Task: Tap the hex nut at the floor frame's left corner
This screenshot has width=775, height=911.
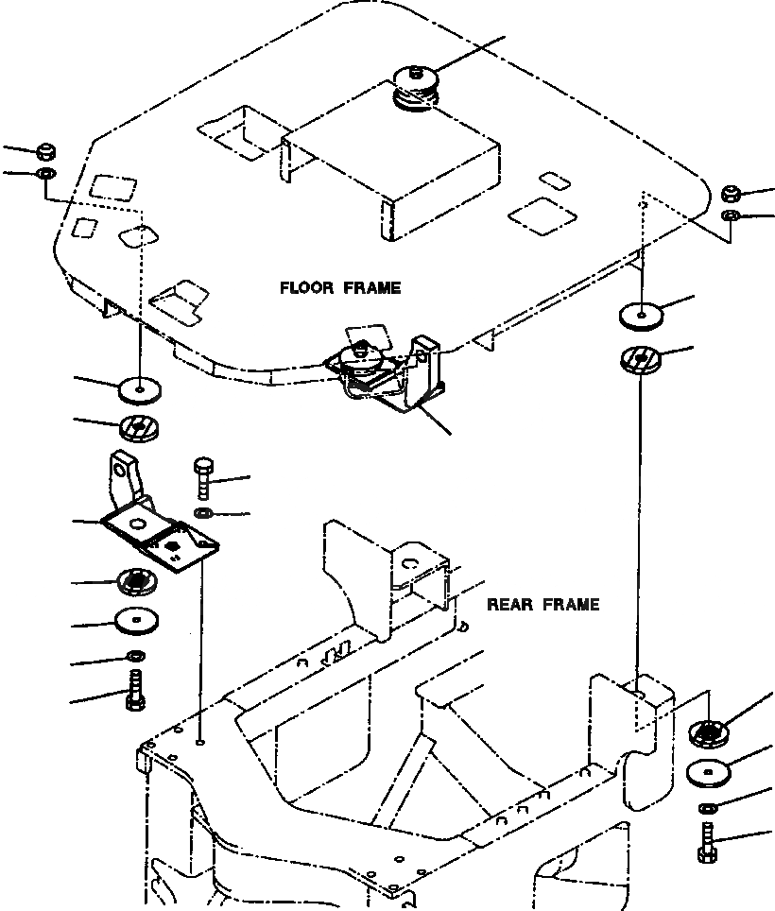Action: [45, 151]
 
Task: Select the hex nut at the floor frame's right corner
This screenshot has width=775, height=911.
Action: [730, 195]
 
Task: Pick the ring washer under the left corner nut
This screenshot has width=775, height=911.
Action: [45, 174]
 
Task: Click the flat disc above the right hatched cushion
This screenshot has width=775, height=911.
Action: [642, 315]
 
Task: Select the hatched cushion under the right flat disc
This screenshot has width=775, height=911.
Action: [642, 359]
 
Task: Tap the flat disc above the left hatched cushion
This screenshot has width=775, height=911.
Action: [140, 387]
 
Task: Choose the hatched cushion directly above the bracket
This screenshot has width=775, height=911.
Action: [140, 429]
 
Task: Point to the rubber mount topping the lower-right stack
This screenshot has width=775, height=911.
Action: [709, 732]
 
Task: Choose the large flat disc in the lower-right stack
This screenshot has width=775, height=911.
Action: [708, 771]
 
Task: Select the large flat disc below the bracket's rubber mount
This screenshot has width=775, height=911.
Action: [138, 622]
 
